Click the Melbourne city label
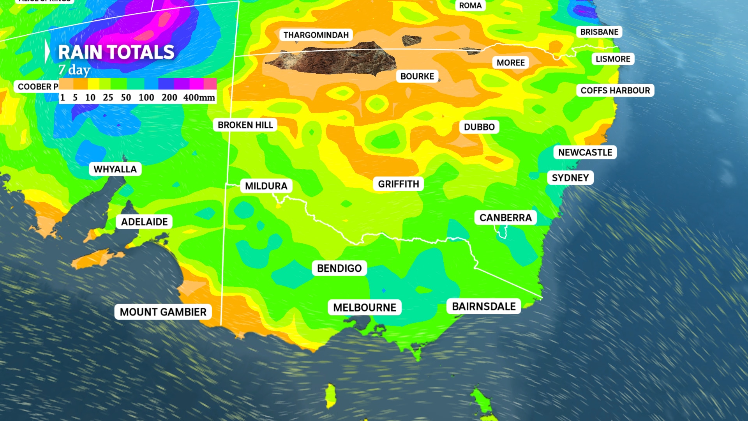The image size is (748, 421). click(365, 308)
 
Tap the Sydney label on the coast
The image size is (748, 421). click(570, 178)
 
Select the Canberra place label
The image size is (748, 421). click(505, 218)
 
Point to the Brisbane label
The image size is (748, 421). click(599, 32)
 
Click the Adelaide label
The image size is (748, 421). click(144, 222)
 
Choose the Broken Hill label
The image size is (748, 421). click(245, 125)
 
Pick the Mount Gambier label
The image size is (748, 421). click(163, 312)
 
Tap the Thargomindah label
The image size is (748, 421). click(316, 35)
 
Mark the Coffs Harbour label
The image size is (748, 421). click(615, 90)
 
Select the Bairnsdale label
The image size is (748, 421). click(484, 306)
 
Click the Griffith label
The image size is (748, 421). click(399, 184)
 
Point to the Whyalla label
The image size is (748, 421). click(115, 169)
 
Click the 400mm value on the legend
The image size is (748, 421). click(199, 97)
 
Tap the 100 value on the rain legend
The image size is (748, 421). click(146, 97)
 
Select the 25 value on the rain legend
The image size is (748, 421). click(108, 97)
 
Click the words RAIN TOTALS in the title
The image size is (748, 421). click(116, 52)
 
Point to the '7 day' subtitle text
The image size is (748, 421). click(74, 70)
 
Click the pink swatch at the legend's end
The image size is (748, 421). click(210, 83)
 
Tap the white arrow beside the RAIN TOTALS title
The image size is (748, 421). click(47, 51)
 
